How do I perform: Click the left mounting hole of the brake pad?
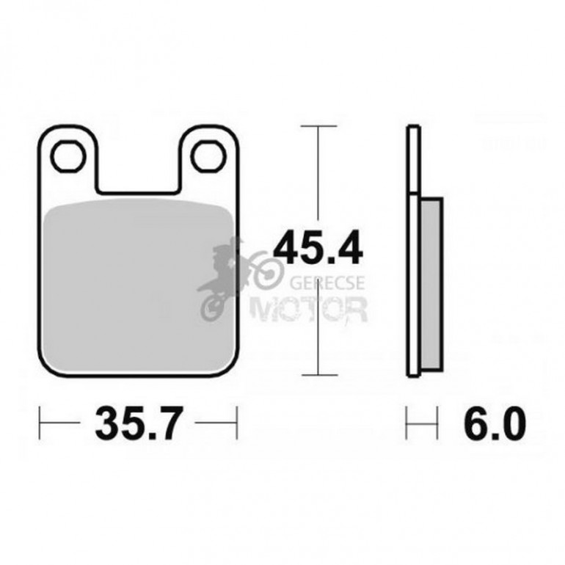pyautogui.click(x=68, y=156)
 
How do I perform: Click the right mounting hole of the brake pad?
pyautogui.click(x=208, y=156)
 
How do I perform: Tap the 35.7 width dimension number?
pyautogui.click(x=136, y=423)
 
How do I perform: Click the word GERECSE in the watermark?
pyautogui.click(x=327, y=283)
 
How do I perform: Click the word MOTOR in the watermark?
pyautogui.click(x=309, y=309)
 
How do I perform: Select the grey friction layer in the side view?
pyautogui.click(x=431, y=284)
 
